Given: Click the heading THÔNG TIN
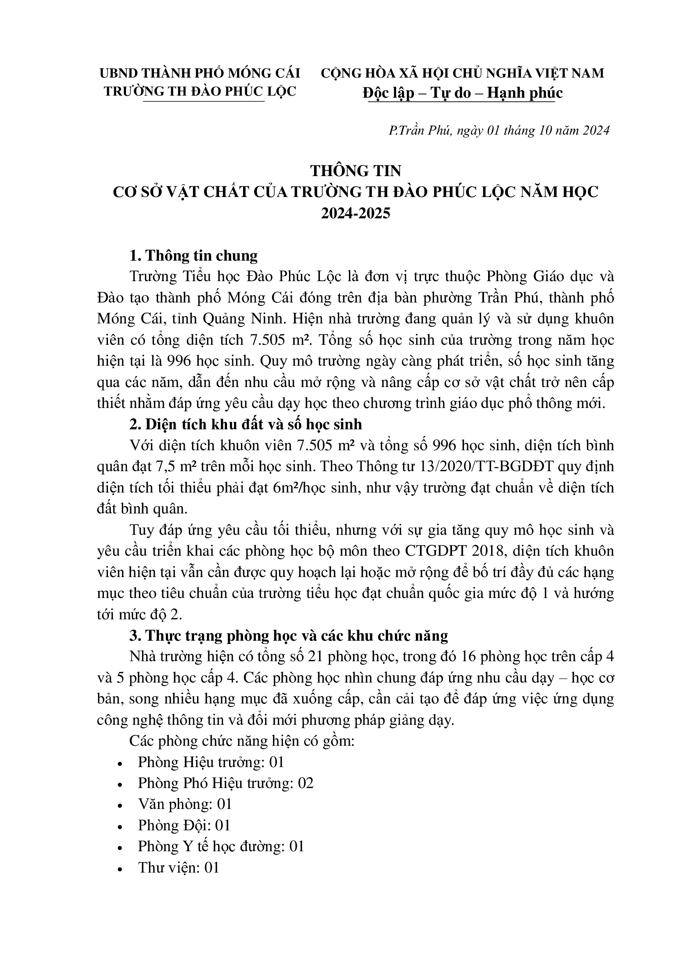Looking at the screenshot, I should (356, 171).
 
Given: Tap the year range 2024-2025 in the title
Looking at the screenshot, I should (356, 213).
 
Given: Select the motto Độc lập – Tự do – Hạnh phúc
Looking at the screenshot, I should (462, 93).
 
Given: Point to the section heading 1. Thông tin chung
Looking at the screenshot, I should (193, 255).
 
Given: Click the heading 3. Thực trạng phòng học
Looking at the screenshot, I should (289, 635).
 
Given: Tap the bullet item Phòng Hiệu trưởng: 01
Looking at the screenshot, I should (211, 762).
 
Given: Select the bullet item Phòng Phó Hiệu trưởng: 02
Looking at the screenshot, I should (226, 783).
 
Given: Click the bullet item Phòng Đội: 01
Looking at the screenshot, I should (184, 825).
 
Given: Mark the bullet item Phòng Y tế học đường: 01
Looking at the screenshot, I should (221, 846).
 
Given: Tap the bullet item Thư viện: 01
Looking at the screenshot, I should (179, 868).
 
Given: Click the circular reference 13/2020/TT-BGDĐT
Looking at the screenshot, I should (479, 467).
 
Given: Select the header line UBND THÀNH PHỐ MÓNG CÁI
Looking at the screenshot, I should (200, 73).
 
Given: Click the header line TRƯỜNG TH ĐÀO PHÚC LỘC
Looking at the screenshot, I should (200, 91).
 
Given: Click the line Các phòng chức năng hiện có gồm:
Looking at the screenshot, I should (242, 741).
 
